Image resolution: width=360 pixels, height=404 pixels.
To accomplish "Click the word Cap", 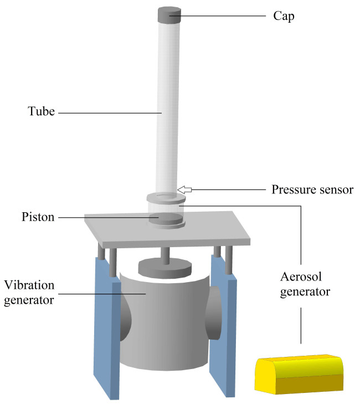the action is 284,16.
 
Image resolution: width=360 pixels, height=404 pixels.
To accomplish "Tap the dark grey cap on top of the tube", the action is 169,15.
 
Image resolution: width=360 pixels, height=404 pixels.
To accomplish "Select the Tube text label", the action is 41,111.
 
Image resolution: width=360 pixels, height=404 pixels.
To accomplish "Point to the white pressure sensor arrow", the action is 184,190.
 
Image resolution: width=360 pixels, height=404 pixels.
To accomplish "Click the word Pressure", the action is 294,190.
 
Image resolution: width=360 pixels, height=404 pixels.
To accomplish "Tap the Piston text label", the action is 38,217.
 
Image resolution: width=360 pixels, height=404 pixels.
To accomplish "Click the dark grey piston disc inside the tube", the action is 166,219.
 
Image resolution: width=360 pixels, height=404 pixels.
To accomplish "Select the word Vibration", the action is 29,285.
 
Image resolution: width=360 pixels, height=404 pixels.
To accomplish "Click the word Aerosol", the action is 301,277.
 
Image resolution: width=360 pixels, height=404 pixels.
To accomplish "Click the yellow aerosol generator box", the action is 299,374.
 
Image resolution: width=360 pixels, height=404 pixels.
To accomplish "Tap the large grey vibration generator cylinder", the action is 164,322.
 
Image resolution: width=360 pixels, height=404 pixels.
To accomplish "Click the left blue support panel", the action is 107,327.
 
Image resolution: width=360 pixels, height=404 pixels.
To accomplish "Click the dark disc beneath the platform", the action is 165,269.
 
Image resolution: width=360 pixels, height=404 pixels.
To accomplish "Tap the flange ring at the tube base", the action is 166,198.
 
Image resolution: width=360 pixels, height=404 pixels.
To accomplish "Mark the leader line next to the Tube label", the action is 110,113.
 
